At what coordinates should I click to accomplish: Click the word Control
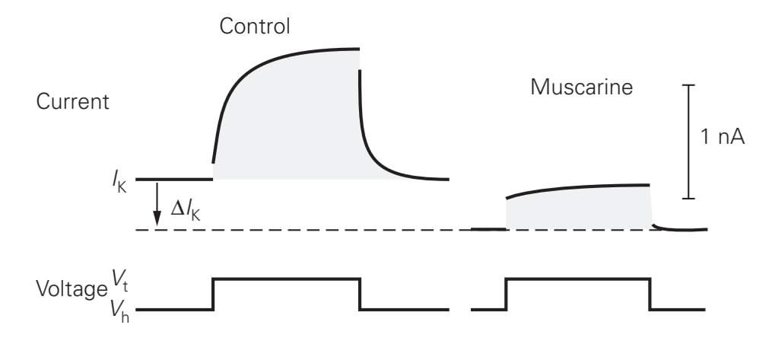tap(255, 26)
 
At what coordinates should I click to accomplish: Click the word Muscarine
tap(581, 88)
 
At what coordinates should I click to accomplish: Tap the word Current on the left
tap(72, 101)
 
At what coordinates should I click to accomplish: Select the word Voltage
tap(71, 289)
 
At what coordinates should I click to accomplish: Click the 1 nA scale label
tap(723, 137)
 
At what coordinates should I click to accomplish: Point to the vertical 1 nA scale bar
tap(688, 142)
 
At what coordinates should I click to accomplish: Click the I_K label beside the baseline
tap(119, 182)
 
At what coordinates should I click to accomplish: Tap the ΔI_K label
tap(186, 211)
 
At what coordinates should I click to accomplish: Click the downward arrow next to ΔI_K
tap(157, 204)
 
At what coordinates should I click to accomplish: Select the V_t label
tap(119, 281)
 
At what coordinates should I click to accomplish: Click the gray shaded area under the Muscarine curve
tap(579, 209)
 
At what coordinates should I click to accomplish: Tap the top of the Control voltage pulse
tap(287, 279)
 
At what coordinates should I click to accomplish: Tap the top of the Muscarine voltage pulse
tap(578, 279)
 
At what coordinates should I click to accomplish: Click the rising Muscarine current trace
tap(578, 188)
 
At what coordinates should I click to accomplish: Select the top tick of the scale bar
tap(688, 85)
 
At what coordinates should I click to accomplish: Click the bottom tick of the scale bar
tap(688, 199)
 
